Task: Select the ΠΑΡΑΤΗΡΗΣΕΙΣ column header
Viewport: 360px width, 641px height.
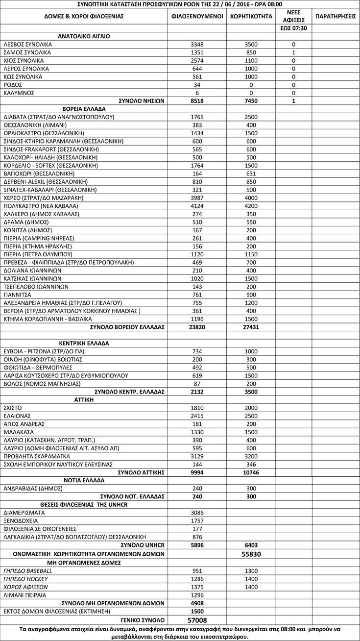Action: tap(336, 16)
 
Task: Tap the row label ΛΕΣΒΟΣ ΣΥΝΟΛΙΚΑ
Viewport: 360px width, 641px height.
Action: tap(27, 44)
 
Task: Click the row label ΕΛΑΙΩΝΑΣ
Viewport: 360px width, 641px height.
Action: tap(17, 416)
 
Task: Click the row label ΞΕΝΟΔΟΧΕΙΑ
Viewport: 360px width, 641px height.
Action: tap(20, 520)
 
